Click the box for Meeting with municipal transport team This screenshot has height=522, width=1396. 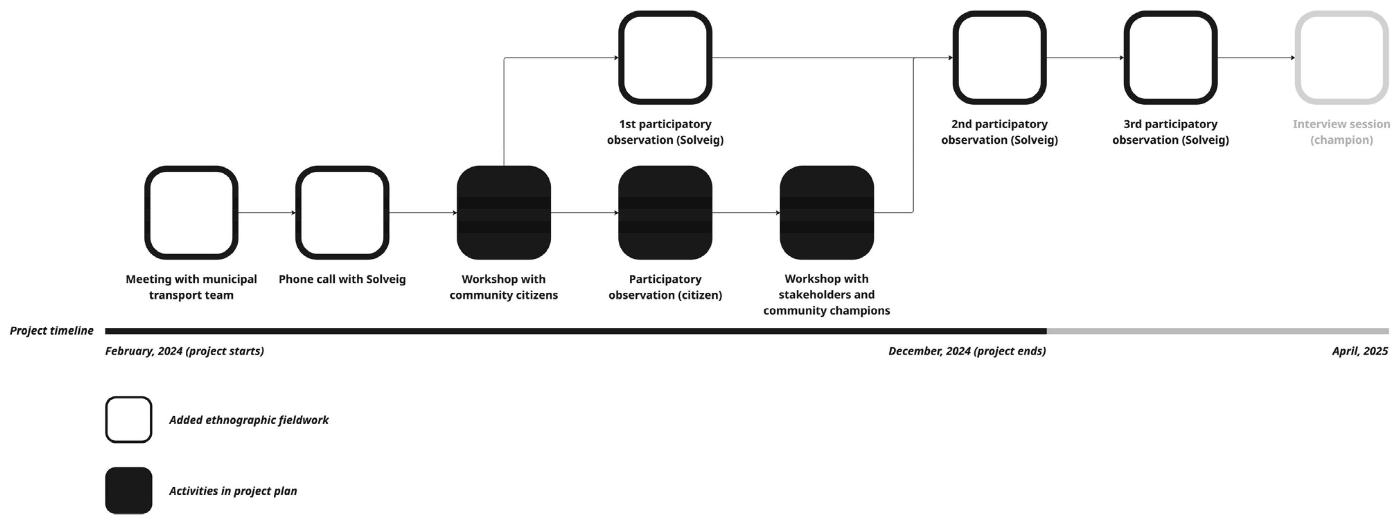coord(191,212)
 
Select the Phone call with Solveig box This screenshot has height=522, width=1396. coord(342,212)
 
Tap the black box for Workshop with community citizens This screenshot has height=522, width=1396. coord(503,212)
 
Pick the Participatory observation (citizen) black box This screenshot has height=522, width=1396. coord(665,212)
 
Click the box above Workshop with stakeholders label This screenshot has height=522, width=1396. coord(827,212)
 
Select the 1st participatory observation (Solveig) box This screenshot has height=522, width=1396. coord(665,57)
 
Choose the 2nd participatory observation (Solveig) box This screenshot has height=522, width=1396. coord(999,57)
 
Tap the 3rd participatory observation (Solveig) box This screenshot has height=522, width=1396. coord(1170,57)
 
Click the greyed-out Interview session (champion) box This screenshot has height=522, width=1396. coord(1341,57)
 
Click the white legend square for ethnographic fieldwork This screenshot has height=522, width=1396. coord(129,419)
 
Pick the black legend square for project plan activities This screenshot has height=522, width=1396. coord(129,490)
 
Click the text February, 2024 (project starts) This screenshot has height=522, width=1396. coord(184,351)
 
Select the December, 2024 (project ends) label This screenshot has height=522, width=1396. coord(967,351)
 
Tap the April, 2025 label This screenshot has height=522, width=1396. coord(1360,351)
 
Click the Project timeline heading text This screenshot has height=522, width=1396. coord(52,331)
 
